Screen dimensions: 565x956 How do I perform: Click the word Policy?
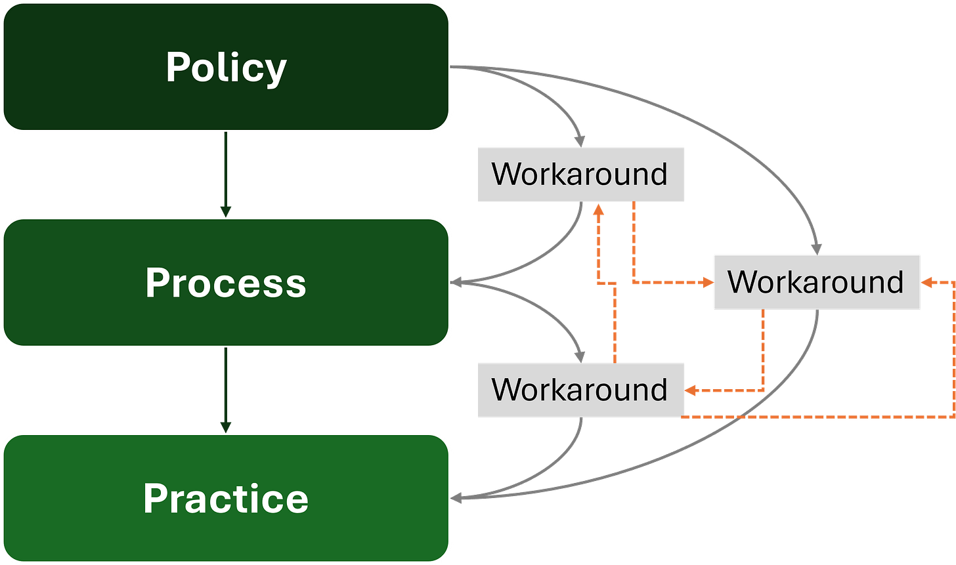click(226, 68)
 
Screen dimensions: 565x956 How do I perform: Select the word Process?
click(226, 283)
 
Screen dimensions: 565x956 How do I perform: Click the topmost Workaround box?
click(580, 175)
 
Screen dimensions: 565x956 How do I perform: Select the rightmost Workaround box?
click(816, 282)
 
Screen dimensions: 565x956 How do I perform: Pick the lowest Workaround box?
click(580, 390)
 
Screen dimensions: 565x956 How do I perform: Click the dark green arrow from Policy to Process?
click(225, 174)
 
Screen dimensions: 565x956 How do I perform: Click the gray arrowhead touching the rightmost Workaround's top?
click(816, 248)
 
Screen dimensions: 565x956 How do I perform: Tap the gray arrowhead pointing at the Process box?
click(459, 283)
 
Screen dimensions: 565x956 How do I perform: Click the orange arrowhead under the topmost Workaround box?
click(598, 210)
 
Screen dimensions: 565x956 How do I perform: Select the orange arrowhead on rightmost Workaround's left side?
click(706, 283)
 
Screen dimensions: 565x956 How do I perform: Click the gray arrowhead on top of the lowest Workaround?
click(580, 356)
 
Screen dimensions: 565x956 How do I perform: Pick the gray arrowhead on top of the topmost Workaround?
click(579, 140)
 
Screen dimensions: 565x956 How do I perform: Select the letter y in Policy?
click(276, 71)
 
